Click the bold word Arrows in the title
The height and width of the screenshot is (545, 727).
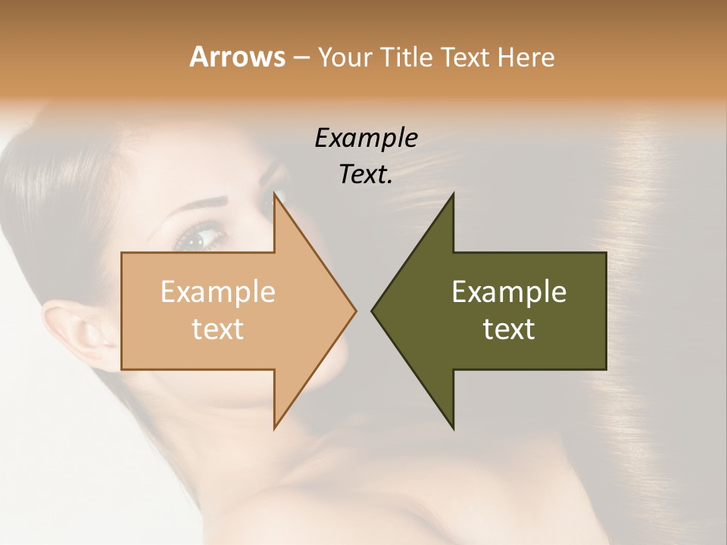point(237,57)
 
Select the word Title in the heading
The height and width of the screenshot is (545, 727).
point(406,57)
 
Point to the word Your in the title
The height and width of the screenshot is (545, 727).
point(345,58)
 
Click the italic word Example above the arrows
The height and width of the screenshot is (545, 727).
point(366,139)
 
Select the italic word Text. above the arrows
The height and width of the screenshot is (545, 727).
point(366,175)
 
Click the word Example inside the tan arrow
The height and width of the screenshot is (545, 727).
point(217,292)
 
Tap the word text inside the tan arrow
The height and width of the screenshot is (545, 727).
point(217,329)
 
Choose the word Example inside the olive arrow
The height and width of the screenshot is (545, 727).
point(509,292)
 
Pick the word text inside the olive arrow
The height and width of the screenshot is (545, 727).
point(509,329)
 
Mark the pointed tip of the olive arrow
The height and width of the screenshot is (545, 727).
point(373,310)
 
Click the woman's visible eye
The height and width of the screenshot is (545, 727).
point(198,238)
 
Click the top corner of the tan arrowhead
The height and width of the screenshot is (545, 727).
point(275,195)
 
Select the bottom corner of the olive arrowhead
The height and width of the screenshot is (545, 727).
point(452,426)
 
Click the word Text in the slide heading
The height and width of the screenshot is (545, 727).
point(466,57)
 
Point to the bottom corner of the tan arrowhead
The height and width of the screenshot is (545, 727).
point(275,426)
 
